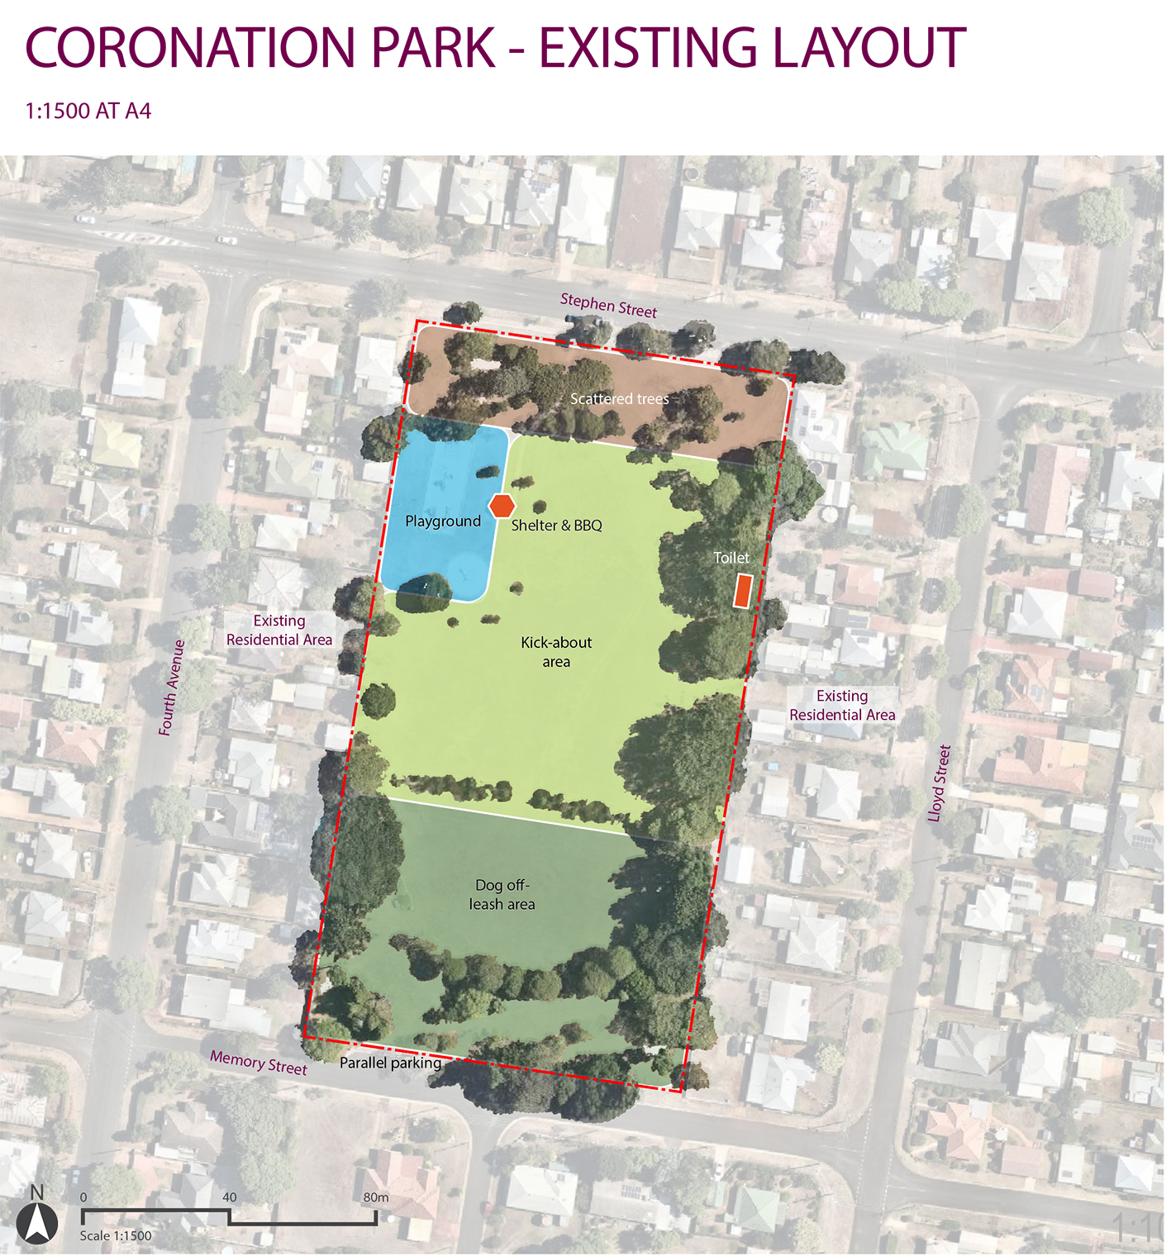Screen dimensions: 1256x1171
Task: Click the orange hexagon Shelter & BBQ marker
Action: [502, 506]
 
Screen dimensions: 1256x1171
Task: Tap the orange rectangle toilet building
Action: [744, 591]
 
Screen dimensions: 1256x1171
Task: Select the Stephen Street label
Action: [608, 305]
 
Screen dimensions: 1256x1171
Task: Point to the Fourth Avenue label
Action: [172, 687]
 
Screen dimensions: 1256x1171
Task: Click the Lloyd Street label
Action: [940, 783]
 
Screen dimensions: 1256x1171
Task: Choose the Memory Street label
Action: [258, 1062]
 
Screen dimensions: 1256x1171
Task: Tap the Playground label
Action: [443, 521]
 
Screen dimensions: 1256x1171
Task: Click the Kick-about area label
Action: [556, 652]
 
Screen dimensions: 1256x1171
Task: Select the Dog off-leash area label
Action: [502, 895]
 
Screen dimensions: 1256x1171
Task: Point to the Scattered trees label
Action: [620, 399]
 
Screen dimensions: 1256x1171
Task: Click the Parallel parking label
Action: [390, 1063]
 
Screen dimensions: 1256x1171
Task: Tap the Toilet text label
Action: [731, 558]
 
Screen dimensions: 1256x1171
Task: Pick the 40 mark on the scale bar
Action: [229, 1197]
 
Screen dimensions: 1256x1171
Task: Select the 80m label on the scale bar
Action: [376, 1197]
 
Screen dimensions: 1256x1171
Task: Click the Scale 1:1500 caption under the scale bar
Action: [116, 1236]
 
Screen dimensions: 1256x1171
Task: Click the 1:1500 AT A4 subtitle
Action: [88, 112]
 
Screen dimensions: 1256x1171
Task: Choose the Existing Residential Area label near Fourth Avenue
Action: [279, 630]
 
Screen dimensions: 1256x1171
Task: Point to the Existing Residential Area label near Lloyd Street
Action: [842, 706]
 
